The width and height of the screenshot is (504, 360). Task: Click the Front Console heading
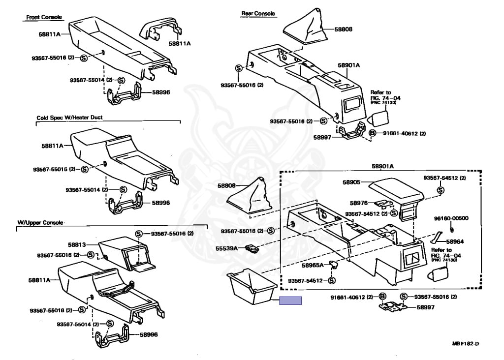[x=44, y=18]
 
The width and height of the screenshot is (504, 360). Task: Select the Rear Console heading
[x=258, y=14]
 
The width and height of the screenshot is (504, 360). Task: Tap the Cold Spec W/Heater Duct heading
[x=69, y=118]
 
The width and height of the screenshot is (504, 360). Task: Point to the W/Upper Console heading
[x=41, y=223]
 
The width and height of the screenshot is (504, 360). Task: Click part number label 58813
[x=77, y=244]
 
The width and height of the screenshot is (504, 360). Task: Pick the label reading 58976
[x=359, y=203]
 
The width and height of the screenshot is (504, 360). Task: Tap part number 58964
[x=456, y=242]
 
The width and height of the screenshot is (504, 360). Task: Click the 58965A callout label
[x=313, y=265]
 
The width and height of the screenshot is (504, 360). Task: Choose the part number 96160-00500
[x=451, y=218]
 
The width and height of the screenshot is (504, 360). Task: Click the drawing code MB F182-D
[x=466, y=343]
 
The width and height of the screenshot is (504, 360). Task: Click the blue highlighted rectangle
[x=290, y=301]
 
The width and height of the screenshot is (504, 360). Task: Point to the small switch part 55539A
[x=252, y=249]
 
